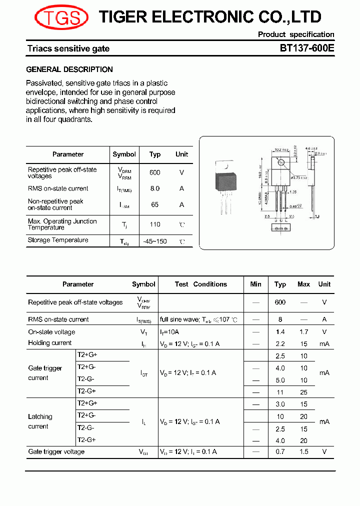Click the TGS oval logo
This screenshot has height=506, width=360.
click(61, 18)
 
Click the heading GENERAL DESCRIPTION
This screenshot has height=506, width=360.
click(69, 69)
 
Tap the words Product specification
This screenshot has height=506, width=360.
click(296, 34)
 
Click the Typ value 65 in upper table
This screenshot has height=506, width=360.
click(155, 204)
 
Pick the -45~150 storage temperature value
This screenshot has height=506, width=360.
click(155, 241)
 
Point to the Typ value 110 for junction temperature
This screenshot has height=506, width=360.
click(155, 224)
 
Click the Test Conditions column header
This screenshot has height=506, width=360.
click(201, 284)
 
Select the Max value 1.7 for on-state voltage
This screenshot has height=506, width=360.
click(303, 332)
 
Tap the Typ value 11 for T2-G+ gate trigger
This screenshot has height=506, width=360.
click(280, 392)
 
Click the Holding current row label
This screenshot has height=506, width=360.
click(50, 343)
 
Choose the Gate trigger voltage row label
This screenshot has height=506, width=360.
click(56, 451)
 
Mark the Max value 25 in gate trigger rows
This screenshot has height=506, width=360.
click(303, 392)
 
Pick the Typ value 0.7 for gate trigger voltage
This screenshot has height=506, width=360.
click(280, 452)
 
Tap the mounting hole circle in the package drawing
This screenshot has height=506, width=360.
click(281, 162)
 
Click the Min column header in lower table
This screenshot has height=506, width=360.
click(255, 284)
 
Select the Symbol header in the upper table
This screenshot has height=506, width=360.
click(124, 154)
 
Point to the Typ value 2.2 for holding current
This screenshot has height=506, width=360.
click(280, 343)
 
